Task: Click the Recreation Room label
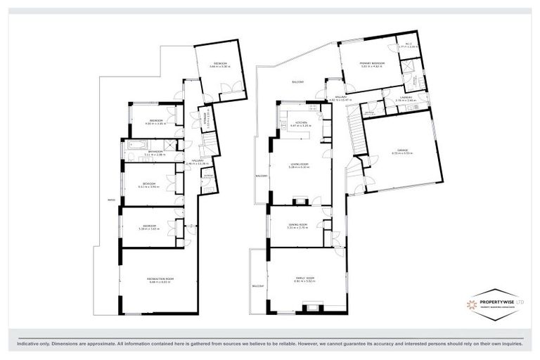(x=160, y=279)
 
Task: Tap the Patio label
(x=111, y=200)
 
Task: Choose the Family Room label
(x=304, y=278)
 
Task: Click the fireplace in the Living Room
(x=300, y=200)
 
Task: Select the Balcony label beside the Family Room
(x=258, y=286)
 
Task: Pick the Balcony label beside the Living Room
(x=262, y=176)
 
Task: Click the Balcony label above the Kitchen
(x=298, y=82)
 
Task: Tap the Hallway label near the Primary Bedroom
(x=341, y=97)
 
